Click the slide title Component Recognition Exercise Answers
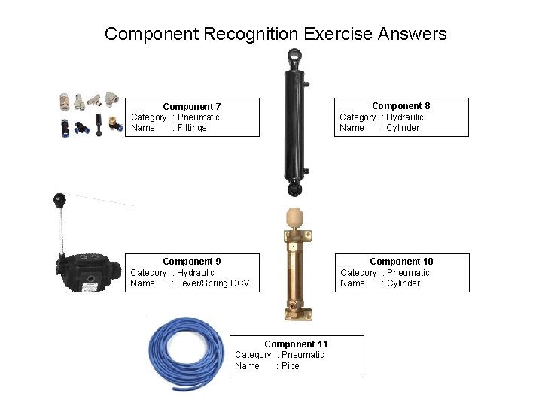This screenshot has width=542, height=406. [276, 34]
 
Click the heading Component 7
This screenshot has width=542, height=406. [191, 107]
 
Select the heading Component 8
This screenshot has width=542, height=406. [400, 106]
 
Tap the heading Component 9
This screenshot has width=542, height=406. [191, 262]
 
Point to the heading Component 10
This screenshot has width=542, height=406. [401, 262]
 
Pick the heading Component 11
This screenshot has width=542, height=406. [296, 344]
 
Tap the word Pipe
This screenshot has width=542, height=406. [290, 366]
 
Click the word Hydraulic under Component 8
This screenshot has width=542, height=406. [405, 117]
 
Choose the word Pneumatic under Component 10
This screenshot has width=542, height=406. [408, 273]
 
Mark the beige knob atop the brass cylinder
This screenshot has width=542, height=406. [294, 218]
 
